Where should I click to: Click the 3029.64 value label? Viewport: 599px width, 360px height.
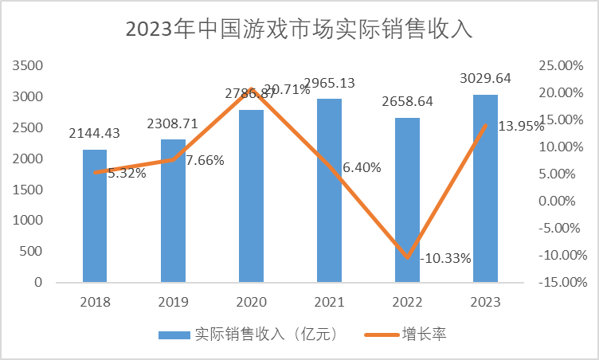point(485,78)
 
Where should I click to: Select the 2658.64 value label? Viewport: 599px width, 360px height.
point(407,102)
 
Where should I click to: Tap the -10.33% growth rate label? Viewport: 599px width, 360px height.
point(444,258)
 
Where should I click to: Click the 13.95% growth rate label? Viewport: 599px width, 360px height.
point(521,126)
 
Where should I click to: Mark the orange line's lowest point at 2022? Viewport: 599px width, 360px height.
point(407,257)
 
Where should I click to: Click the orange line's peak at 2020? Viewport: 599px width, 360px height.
point(251,89)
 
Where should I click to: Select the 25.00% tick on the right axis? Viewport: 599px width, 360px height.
point(562,66)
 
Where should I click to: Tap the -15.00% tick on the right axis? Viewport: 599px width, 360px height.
point(561,282)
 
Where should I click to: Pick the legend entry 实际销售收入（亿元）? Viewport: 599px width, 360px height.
point(251,335)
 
